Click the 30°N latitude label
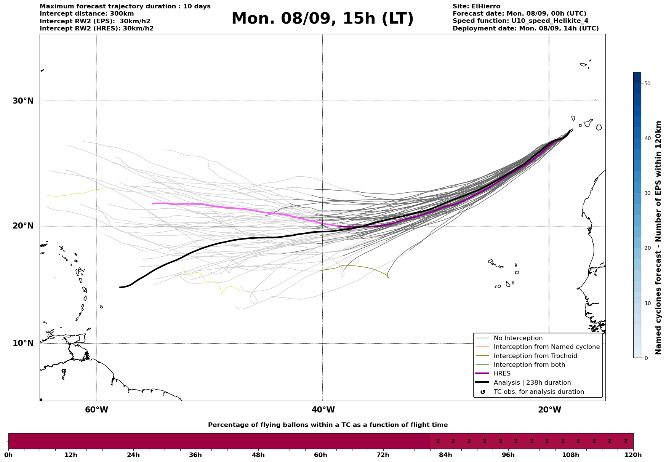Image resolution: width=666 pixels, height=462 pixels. (x=23, y=101)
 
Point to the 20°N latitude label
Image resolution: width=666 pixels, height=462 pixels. (x=23, y=226)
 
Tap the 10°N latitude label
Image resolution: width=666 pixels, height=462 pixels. (x=23, y=343)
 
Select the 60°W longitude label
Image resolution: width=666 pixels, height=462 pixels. (x=96, y=410)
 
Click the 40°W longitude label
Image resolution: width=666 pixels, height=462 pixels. (x=323, y=410)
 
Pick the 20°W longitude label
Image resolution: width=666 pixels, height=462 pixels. (x=549, y=410)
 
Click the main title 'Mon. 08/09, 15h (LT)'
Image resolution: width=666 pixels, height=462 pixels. (x=322, y=19)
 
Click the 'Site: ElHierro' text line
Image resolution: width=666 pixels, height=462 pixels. (x=476, y=6)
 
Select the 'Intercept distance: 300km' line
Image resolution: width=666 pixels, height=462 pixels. (x=86, y=14)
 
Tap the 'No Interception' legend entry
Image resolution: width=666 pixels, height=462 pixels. (x=518, y=338)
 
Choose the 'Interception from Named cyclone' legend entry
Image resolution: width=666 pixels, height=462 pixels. (x=546, y=347)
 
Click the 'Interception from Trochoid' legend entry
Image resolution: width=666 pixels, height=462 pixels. (x=535, y=356)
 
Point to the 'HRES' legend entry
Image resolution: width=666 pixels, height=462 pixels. (x=502, y=374)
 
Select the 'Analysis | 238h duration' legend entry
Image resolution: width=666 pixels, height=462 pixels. (x=532, y=383)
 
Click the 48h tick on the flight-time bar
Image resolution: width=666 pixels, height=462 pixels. (x=258, y=455)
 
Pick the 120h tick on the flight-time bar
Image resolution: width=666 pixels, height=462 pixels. (x=633, y=455)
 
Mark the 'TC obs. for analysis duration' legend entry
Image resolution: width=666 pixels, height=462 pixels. (x=538, y=392)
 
